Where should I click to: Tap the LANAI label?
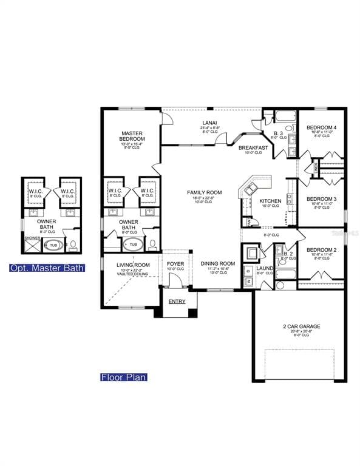[x=206, y=123]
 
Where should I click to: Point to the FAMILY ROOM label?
[x=204, y=193]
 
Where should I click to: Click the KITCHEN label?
[x=270, y=201]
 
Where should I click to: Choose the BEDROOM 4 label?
[x=322, y=127]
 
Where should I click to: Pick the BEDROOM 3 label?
[x=321, y=199]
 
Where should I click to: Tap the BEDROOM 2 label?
[x=321, y=250]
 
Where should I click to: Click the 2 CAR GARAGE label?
[x=301, y=326]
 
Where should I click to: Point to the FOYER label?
[x=175, y=263]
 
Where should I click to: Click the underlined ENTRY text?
[x=177, y=302]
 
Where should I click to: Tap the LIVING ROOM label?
[x=133, y=265]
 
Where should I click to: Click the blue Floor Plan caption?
[x=124, y=377]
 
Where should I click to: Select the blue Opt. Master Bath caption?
[x=47, y=268]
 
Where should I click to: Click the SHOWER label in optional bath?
[x=32, y=238]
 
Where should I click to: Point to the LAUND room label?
[x=265, y=268]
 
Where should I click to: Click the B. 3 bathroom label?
[x=279, y=133]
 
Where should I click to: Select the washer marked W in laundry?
[x=248, y=282]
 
